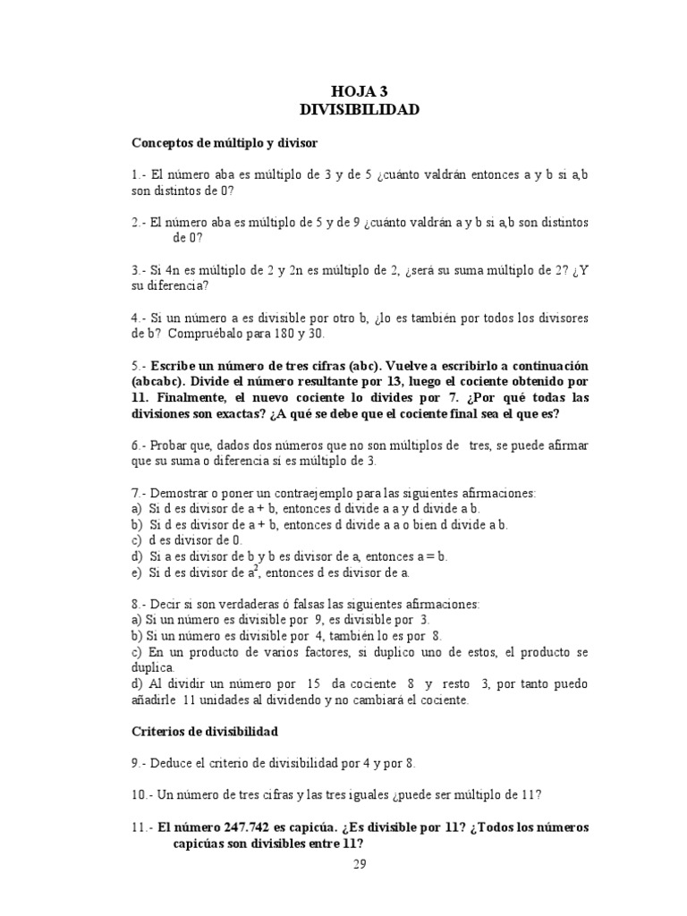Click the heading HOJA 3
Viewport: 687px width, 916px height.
[x=360, y=90]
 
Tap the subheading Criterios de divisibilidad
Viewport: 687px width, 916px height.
[x=205, y=731]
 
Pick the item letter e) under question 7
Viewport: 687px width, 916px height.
[x=137, y=572]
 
